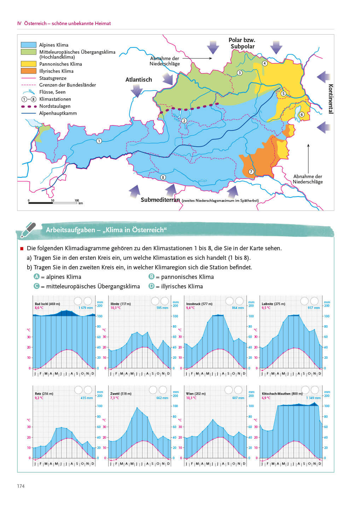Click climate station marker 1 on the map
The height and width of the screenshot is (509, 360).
[x=99, y=141]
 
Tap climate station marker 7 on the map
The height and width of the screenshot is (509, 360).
[x=251, y=172]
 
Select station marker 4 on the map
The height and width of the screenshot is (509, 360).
[x=265, y=63]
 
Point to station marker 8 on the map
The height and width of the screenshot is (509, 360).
[x=163, y=177]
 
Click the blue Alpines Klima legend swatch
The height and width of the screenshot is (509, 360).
[x=29, y=45]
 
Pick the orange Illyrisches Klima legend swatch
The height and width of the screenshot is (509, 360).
[x=29, y=71]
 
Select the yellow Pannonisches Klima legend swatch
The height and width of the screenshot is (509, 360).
[x=29, y=64]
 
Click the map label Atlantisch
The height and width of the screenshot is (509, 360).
[x=139, y=80]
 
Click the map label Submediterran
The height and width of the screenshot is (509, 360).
[x=160, y=200]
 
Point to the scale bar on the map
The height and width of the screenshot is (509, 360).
[x=53, y=203]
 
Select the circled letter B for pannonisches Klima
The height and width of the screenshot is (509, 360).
[x=152, y=277]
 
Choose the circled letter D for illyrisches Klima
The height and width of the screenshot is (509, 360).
[x=152, y=286]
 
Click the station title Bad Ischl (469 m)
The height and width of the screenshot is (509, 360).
[x=47, y=304]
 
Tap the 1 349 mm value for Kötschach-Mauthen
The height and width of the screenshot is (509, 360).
[x=313, y=398]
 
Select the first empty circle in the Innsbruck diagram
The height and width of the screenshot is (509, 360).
[x=230, y=301]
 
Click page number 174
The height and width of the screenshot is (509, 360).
[x=21, y=486]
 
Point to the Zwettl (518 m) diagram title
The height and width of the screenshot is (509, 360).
[x=121, y=394]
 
